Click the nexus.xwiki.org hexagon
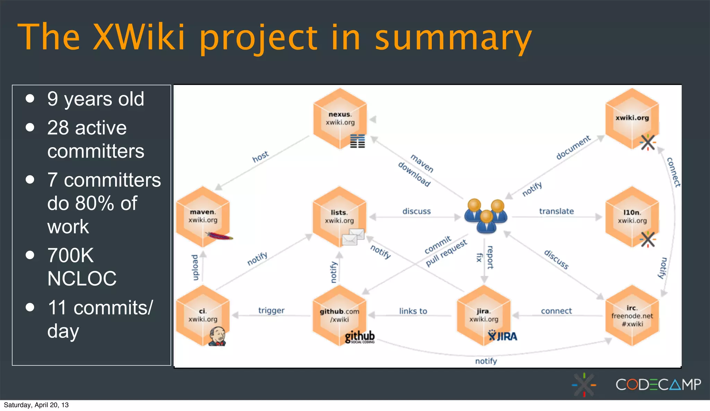click(340, 118)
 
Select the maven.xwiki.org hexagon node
click(203, 216)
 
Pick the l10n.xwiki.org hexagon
click(632, 216)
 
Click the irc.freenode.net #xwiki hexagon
click(632, 316)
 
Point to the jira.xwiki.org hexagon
click(484, 315)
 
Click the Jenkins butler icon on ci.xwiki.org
click(217, 336)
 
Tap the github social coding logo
click(360, 337)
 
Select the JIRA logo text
click(503, 336)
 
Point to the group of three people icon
click(486, 216)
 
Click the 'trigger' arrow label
click(271, 310)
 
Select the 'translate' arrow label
click(556, 211)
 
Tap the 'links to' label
click(413, 311)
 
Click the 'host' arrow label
click(260, 157)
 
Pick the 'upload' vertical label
click(195, 267)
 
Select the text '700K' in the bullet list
click(70, 255)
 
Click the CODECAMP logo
click(658, 384)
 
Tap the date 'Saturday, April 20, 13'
click(36, 405)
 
